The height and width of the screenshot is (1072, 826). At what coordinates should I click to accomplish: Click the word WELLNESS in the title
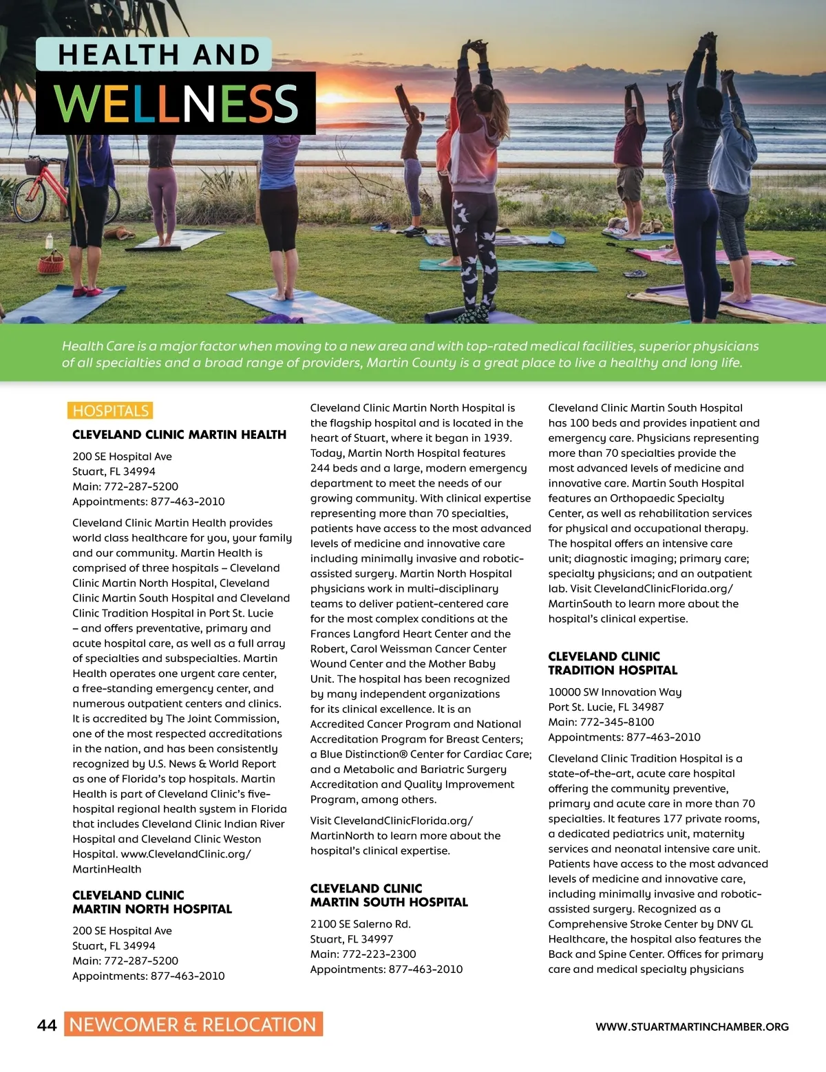tap(176, 103)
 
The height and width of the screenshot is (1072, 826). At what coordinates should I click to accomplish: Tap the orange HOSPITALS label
tap(110, 411)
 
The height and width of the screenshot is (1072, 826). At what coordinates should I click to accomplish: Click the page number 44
tap(47, 1025)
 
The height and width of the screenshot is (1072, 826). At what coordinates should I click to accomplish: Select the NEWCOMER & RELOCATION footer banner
tap(193, 1025)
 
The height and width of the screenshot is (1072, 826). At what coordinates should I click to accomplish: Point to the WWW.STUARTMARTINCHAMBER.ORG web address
tap(692, 1027)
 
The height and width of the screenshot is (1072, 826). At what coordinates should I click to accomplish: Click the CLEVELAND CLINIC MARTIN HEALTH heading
tap(179, 435)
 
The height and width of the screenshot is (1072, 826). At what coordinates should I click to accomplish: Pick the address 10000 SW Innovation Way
tap(615, 692)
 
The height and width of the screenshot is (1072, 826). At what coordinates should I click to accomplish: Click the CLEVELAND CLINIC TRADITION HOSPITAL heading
tap(613, 663)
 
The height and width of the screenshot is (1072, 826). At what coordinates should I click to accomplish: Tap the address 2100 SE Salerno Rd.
tap(360, 924)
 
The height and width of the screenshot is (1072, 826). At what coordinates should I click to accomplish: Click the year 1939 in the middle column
tap(497, 438)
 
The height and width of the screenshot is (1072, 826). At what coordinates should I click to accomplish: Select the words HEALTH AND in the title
tap(159, 55)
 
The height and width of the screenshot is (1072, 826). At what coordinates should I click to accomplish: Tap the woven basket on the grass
tap(51, 261)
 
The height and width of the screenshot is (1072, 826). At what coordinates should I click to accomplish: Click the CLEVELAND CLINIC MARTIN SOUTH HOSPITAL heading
tap(389, 895)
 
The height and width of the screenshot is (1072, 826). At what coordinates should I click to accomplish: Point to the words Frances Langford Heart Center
tap(388, 634)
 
